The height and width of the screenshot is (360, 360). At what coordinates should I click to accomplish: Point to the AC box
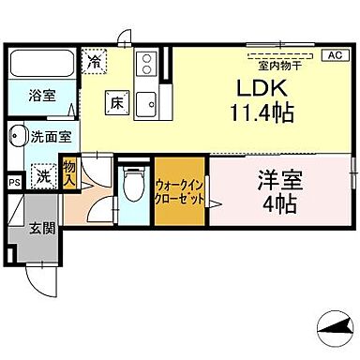(334, 55)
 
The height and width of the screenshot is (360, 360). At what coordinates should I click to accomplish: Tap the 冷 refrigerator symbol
(95, 61)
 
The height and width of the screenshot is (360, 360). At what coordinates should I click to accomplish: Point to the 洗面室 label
(51, 137)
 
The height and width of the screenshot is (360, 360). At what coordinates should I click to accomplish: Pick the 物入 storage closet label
(68, 172)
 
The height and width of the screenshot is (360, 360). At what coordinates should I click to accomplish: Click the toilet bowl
(132, 185)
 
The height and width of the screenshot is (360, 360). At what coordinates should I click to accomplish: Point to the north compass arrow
(334, 325)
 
